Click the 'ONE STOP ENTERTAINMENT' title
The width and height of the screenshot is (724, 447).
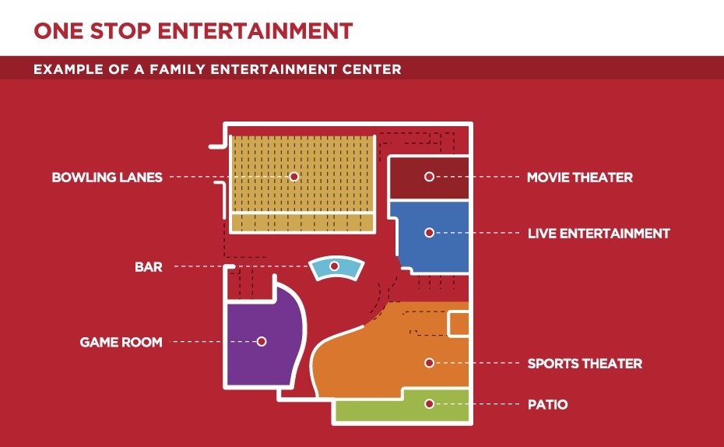(194, 31)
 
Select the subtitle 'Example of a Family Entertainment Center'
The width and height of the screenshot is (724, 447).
(217, 69)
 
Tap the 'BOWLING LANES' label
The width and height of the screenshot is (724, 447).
(107, 178)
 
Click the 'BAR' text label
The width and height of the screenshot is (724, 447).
(149, 267)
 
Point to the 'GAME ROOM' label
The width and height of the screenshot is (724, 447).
(121, 342)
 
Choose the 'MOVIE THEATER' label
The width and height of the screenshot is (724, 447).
(580, 178)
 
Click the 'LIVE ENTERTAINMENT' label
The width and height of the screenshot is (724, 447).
(599, 234)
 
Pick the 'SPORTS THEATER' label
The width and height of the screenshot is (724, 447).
(585, 364)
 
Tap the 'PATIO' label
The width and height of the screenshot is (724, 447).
(547, 404)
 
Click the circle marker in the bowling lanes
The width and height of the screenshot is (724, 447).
(294, 177)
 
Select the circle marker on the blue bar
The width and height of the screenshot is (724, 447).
(334, 266)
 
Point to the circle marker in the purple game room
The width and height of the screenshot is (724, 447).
(262, 341)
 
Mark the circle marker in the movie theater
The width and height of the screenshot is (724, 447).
(430, 177)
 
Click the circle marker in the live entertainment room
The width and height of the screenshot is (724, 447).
(430, 233)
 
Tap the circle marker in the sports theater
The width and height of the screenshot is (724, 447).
(430, 363)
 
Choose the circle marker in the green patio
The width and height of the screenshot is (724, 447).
(430, 404)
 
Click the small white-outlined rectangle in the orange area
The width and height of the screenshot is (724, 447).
(458, 325)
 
